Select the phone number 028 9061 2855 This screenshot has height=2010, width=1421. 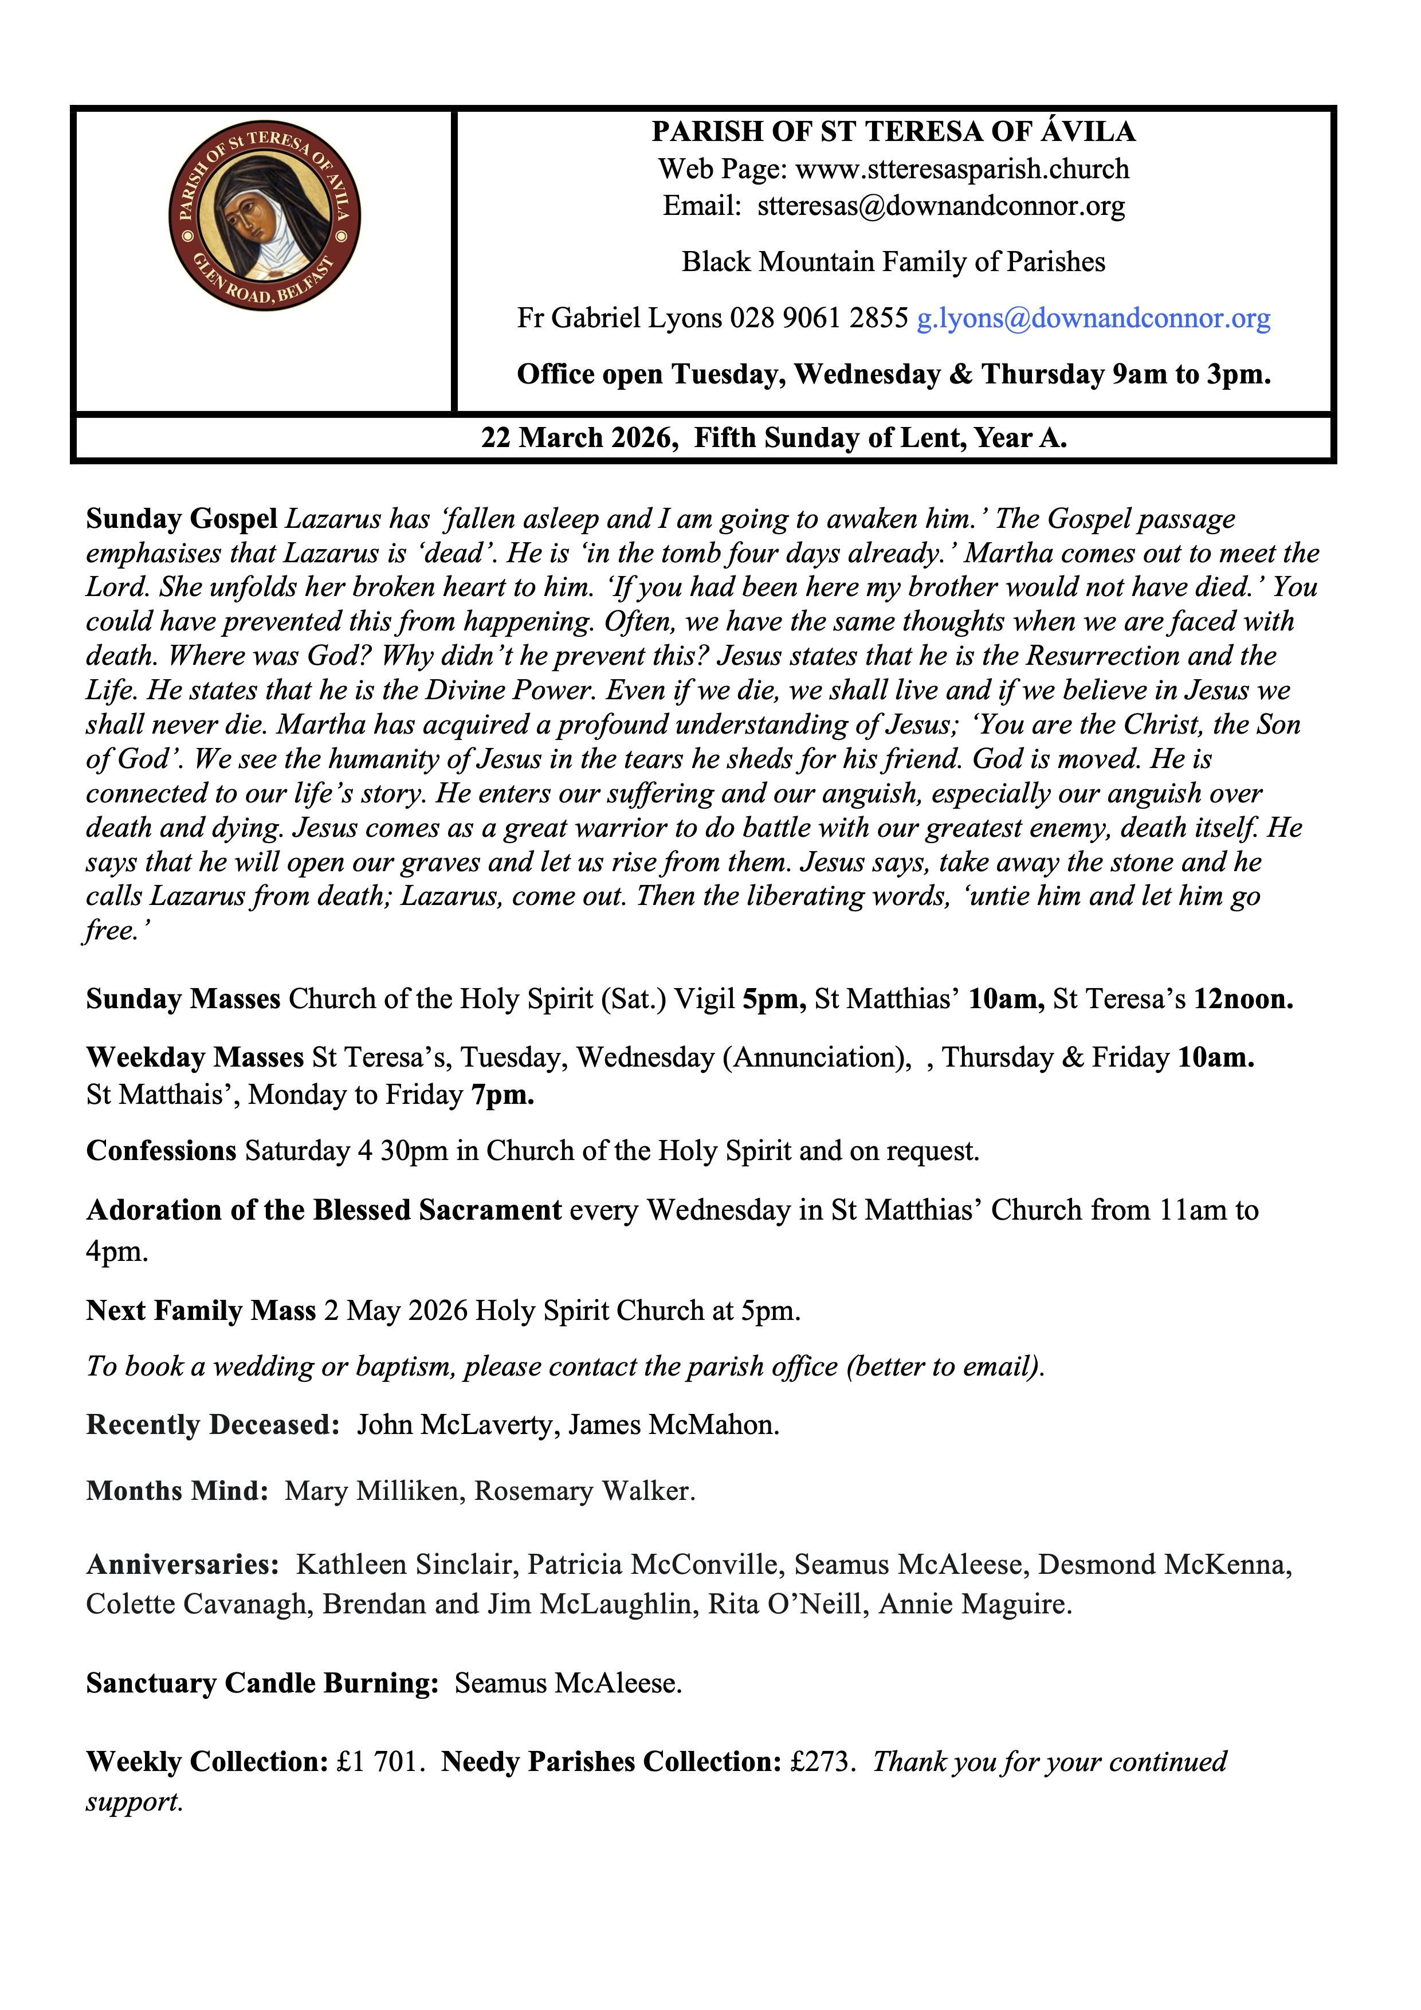(x=819, y=319)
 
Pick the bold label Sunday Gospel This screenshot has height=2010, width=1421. (x=181, y=519)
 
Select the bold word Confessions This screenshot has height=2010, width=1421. (x=161, y=1151)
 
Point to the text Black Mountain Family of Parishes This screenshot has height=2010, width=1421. (x=893, y=262)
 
